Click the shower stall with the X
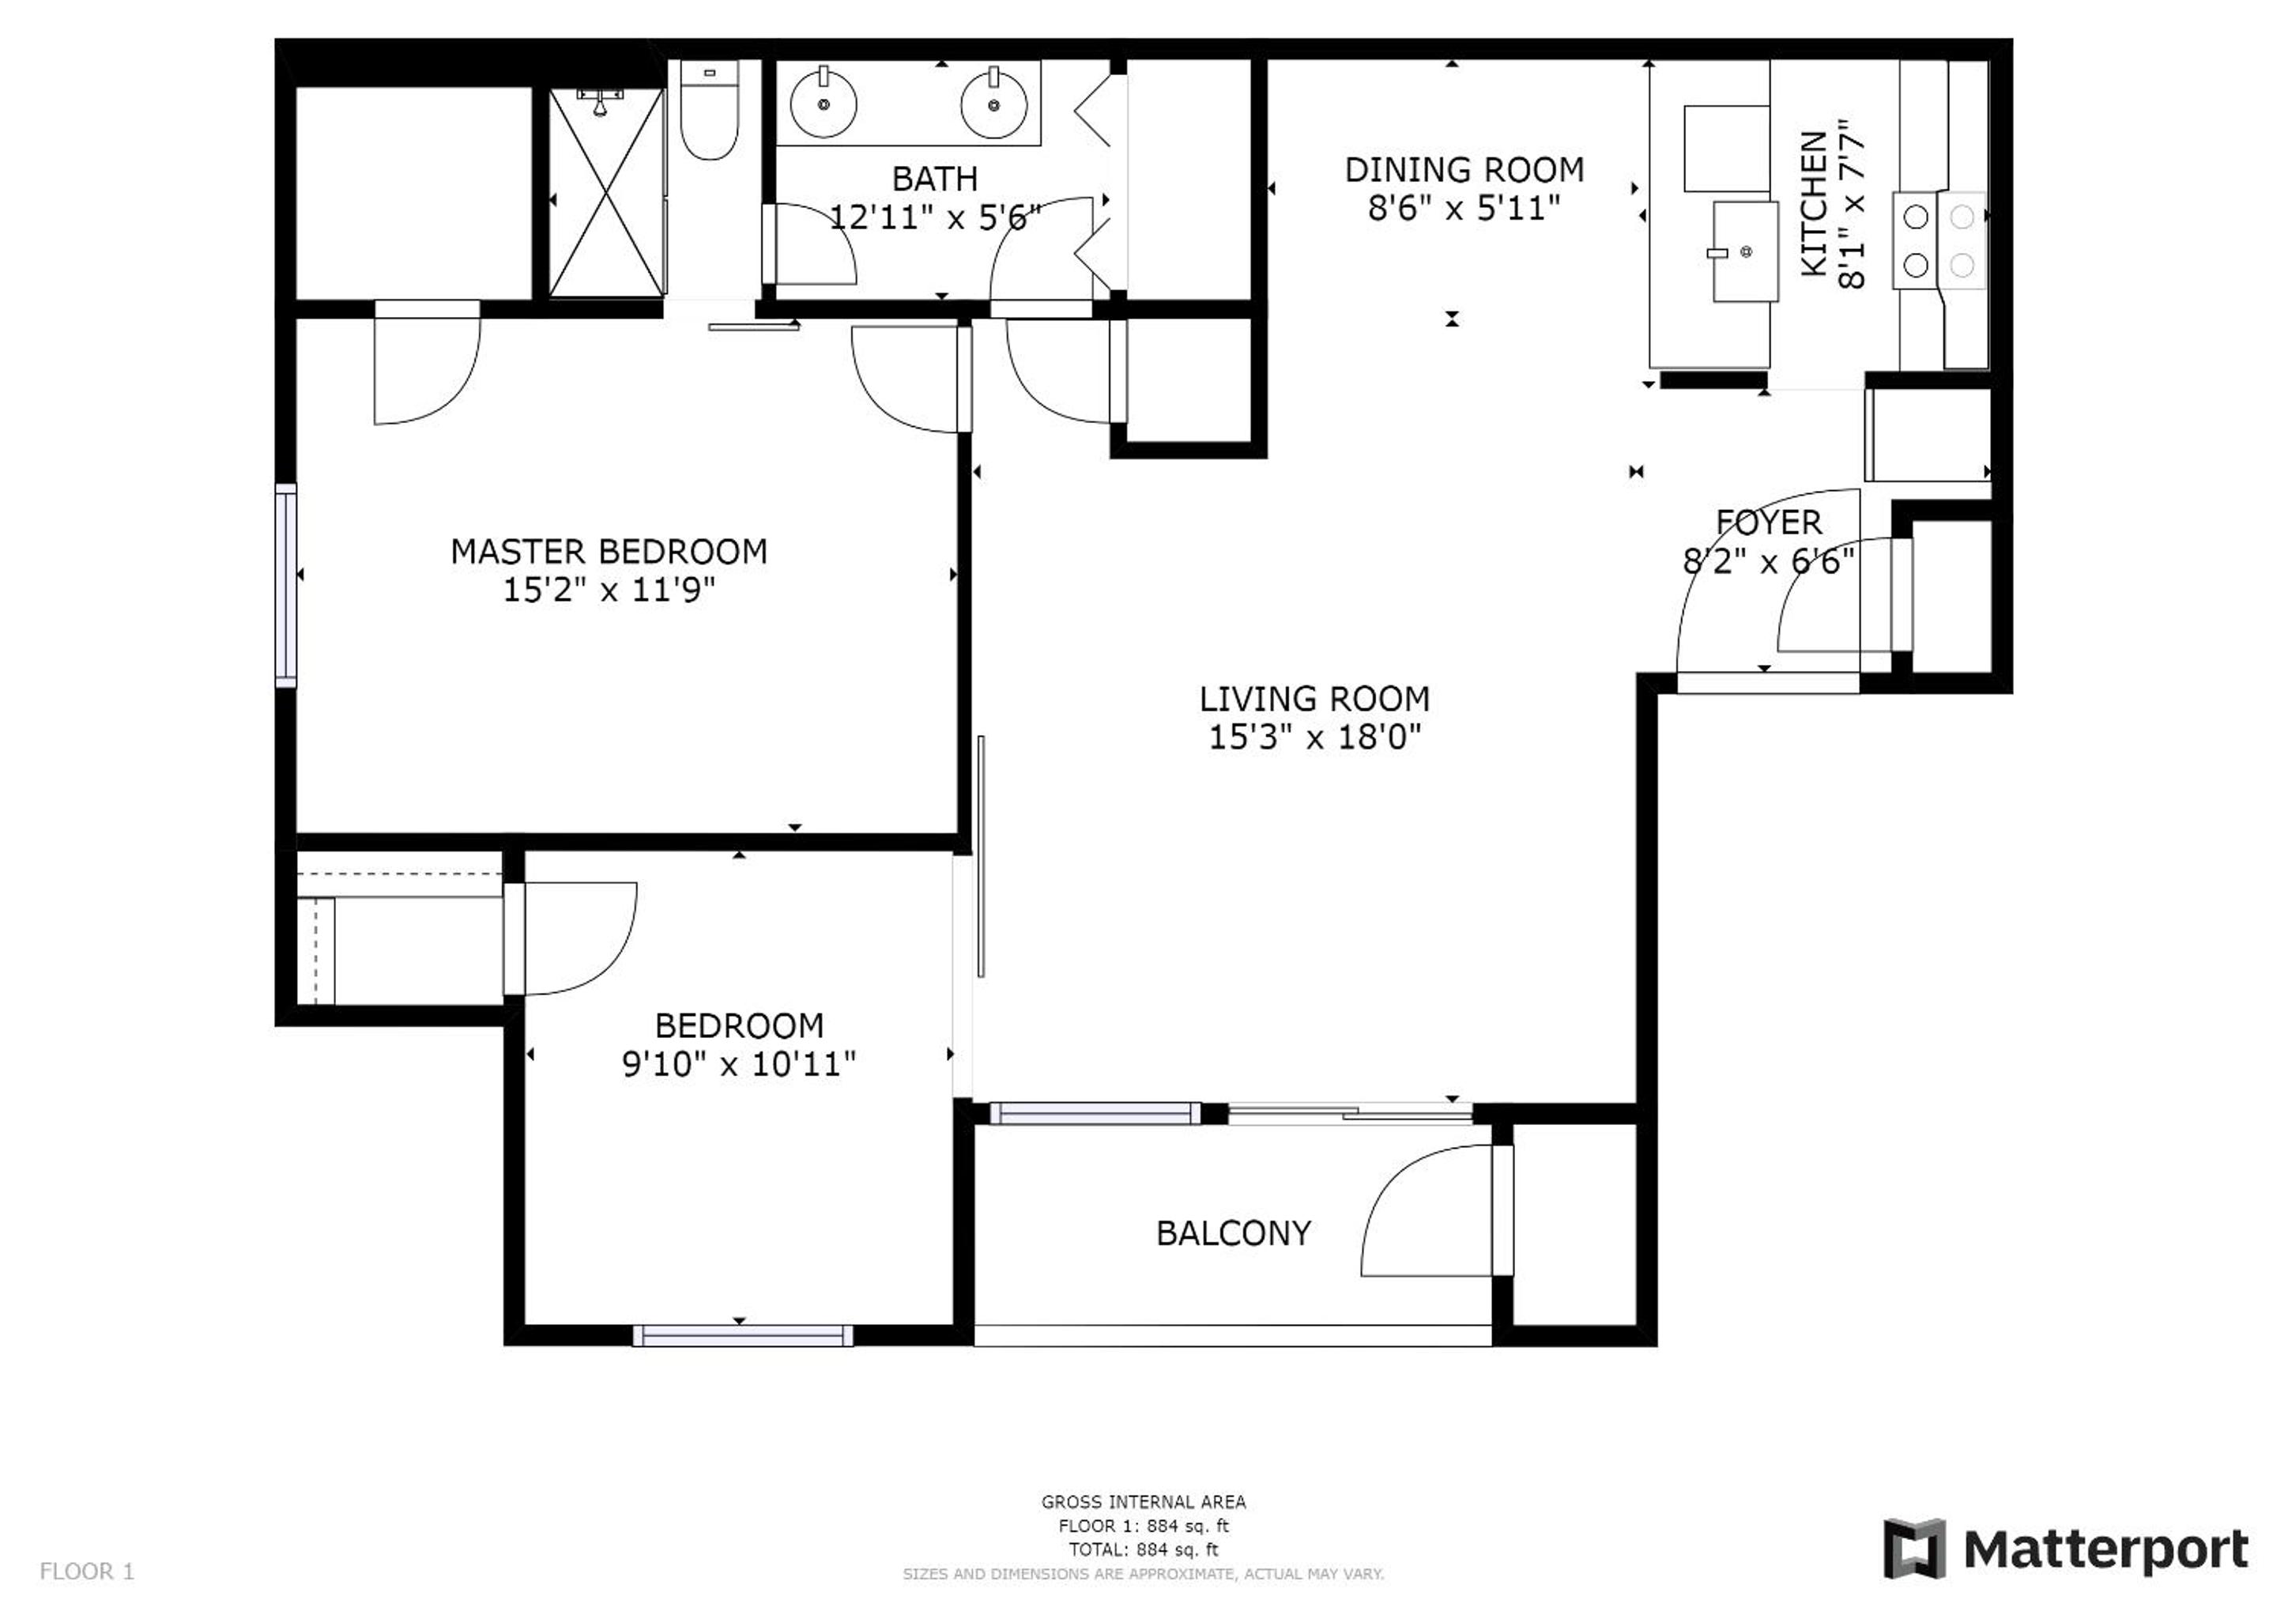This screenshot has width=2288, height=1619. click(607, 191)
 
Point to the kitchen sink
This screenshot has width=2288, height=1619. click(1745, 251)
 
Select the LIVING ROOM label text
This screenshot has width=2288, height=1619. click(1314, 699)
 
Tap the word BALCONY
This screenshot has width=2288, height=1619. click(1234, 1234)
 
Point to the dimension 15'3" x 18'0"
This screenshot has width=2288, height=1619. click(1314, 738)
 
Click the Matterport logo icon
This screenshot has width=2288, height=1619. click(1913, 1548)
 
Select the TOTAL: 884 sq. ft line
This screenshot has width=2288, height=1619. click(1143, 1550)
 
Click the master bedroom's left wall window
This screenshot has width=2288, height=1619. click(286, 585)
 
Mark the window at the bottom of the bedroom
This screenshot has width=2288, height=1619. click(742, 1336)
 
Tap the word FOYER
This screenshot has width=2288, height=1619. click(1769, 523)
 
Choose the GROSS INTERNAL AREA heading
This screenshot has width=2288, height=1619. click(1143, 1502)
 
